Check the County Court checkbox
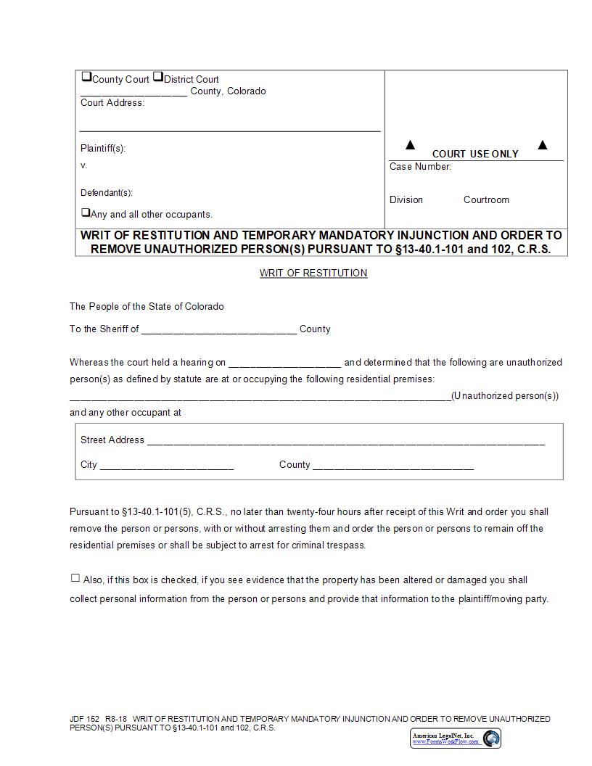coord(86,77)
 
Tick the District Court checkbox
coord(157,77)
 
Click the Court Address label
coord(112,103)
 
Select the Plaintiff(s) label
coord(103,148)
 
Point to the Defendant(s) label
coord(107,193)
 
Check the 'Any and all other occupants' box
coord(86,213)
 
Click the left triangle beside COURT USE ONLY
coord(410,145)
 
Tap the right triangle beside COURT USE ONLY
coord(542,145)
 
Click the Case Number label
coord(420,167)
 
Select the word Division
coord(406,200)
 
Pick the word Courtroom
coord(486,200)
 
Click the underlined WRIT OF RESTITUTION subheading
coord(313,273)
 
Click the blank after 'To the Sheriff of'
coord(219,330)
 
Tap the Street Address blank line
coord(345,441)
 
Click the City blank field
coord(167,466)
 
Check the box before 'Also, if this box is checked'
coord(75,578)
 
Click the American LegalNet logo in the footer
coord(456,738)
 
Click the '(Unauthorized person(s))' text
coord(505,396)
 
